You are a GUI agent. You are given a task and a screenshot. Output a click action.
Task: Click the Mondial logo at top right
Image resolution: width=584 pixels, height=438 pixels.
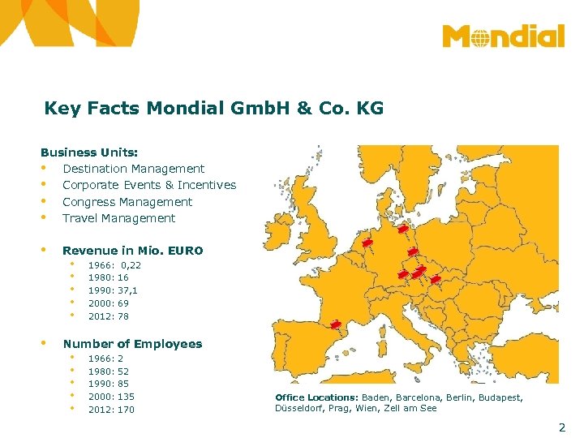coord(503,37)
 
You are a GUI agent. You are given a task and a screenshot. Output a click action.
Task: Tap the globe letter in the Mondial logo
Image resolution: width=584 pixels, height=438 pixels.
coord(479,37)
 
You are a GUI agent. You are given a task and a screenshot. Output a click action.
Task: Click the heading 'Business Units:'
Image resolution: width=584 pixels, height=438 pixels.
coord(89,152)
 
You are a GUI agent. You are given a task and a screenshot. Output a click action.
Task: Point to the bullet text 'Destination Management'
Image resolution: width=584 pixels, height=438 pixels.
coord(133,169)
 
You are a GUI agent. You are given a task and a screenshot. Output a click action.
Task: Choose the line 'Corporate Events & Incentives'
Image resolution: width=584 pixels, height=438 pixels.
coord(149,185)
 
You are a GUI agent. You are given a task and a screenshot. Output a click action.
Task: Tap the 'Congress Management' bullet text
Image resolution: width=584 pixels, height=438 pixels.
coord(127,202)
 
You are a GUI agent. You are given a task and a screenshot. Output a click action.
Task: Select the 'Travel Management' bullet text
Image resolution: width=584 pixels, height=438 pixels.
coord(118,218)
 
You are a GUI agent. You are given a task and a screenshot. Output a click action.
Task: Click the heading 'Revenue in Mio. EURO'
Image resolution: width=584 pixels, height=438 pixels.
coord(132,251)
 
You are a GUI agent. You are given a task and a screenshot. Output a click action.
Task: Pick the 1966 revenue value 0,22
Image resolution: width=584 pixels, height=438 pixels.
coord(131,265)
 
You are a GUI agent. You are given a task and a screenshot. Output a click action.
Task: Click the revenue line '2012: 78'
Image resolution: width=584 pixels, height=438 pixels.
coord(108,316)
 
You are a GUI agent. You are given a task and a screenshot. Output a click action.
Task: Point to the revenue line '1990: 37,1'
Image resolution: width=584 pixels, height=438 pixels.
coord(113,290)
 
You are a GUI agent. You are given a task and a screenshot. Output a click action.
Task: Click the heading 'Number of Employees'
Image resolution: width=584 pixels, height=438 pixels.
coord(132,344)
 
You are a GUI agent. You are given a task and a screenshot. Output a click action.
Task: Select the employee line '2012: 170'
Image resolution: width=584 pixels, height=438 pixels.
coord(111,410)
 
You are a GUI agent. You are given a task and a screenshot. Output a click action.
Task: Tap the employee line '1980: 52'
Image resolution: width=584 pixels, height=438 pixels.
coord(108,371)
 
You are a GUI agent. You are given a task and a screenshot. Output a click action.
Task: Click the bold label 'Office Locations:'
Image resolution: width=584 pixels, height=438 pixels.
coord(316,397)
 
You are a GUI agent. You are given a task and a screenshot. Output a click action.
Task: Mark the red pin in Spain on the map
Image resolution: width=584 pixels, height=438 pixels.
coord(336,325)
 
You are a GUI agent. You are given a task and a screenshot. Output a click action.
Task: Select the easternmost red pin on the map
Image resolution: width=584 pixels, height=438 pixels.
coord(436,279)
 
